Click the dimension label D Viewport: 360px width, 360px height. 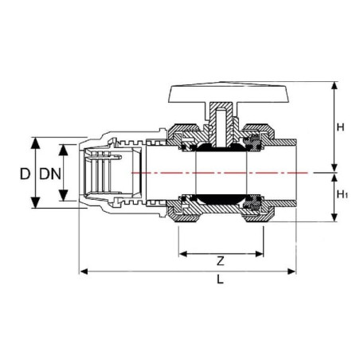[x=25, y=174]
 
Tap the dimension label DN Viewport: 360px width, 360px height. [x=50, y=174]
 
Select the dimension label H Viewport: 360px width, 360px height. [x=340, y=127]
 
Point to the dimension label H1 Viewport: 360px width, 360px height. [x=342, y=194]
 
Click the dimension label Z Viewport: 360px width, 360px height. [x=221, y=261]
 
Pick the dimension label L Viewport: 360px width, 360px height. [x=220, y=279]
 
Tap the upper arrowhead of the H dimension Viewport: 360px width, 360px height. [x=335, y=86]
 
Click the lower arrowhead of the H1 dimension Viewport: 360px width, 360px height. [x=335, y=217]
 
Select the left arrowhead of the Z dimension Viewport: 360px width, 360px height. [x=183, y=254]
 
